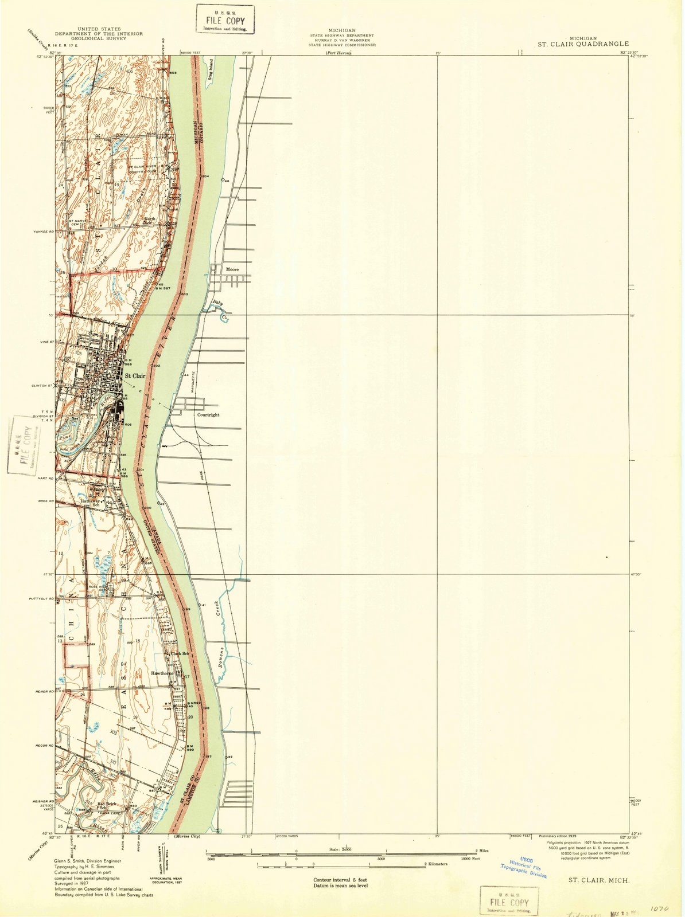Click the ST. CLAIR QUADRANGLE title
coord(582,44)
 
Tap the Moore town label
coord(232,269)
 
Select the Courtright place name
coord(208,414)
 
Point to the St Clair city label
coord(135,376)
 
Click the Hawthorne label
coord(162,673)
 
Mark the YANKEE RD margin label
coord(42,232)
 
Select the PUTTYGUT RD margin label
coord(41,599)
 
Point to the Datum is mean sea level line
coord(340,886)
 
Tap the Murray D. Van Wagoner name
coord(342,40)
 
